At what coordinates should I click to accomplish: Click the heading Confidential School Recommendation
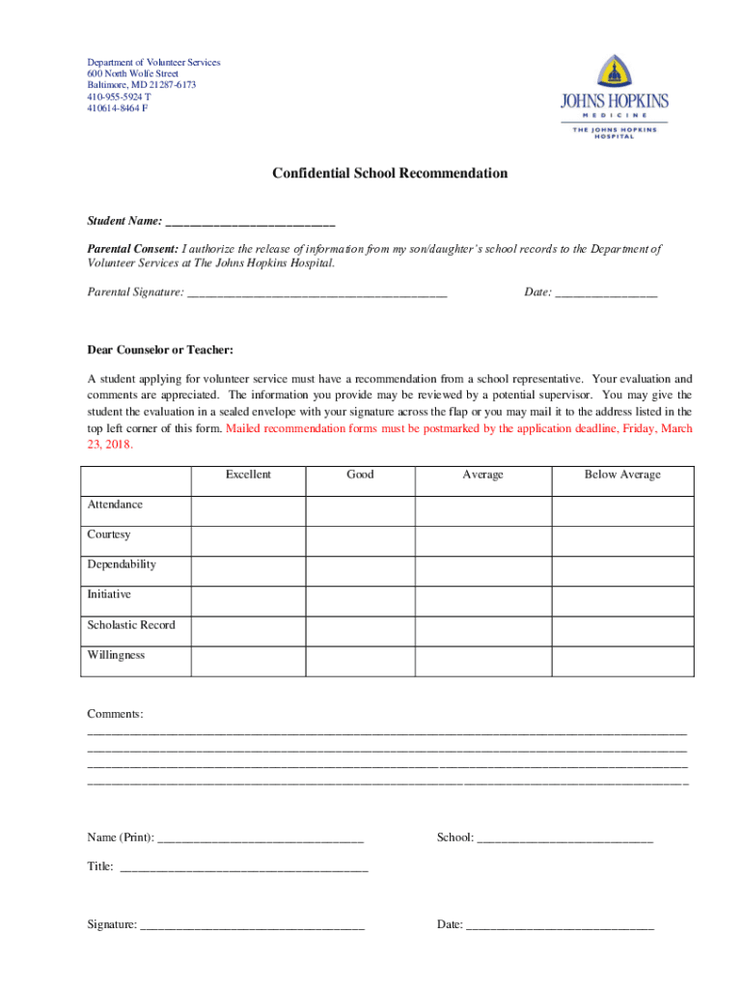tap(389, 174)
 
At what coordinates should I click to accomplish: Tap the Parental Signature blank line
tap(317, 292)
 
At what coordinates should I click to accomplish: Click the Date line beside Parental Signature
tap(606, 292)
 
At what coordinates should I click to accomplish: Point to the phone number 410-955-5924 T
tap(118, 96)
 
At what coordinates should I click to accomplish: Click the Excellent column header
tap(248, 475)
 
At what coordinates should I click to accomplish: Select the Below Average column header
tap(622, 475)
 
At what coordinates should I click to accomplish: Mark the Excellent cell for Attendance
tap(248, 510)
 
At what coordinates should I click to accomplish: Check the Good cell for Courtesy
tap(360, 540)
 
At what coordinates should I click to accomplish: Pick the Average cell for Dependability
tap(482, 570)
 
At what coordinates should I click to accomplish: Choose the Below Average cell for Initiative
tap(622, 600)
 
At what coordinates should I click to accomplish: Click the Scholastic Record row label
tap(131, 625)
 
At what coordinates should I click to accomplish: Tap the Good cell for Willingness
tap(360, 661)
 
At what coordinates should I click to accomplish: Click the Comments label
tap(115, 714)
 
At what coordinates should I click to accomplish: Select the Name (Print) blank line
tap(260, 838)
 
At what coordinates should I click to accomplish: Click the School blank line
tap(565, 838)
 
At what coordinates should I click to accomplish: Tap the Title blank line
tap(243, 867)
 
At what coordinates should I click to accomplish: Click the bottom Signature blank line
tap(252, 925)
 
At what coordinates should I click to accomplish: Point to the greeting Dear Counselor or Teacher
tap(160, 349)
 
